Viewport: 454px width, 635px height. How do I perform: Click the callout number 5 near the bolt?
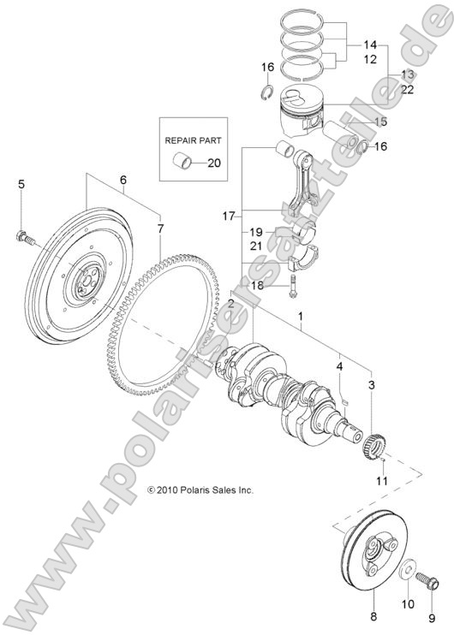(21, 184)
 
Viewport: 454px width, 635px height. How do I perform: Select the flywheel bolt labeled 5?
(23, 238)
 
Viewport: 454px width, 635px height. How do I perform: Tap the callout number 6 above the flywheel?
(123, 180)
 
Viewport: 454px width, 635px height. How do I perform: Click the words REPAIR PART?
(192, 135)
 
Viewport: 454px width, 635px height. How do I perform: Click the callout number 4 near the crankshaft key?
(339, 367)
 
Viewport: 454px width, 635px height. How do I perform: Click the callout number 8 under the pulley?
(372, 616)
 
